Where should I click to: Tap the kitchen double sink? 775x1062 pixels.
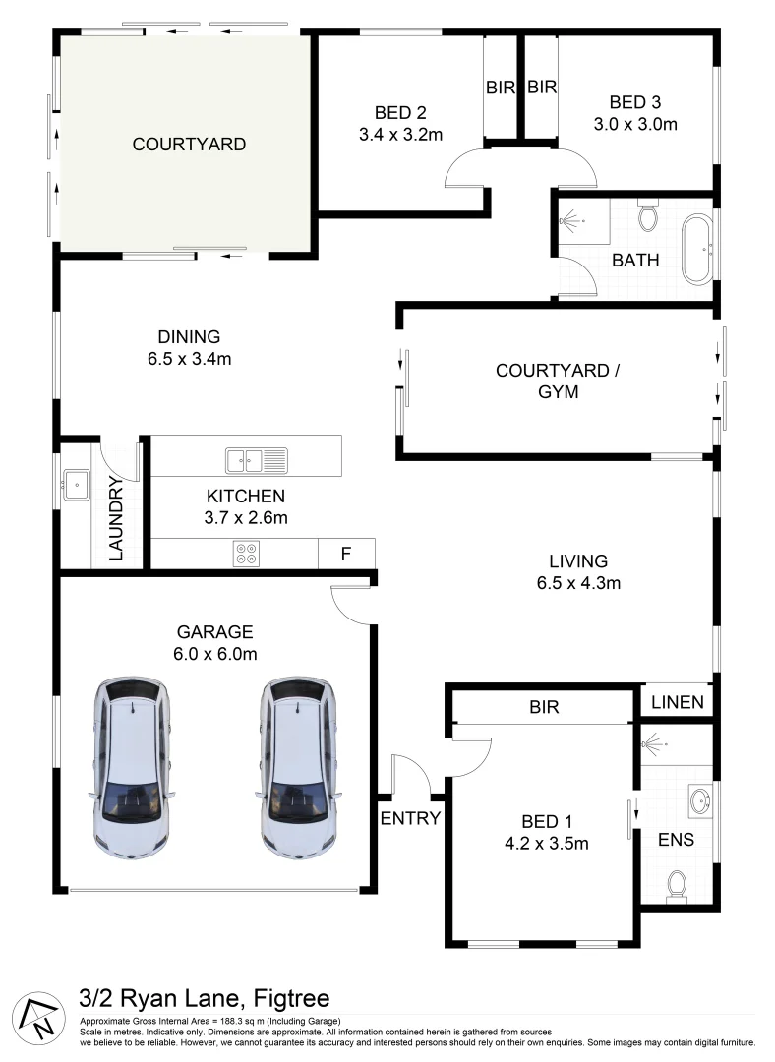pos(256,459)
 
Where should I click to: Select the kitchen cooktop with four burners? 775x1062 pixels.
pos(246,554)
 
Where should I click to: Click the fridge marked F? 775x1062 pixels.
pos(345,553)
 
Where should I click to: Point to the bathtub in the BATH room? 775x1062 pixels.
pos(697,251)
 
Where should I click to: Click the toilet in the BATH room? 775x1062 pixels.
pos(648,215)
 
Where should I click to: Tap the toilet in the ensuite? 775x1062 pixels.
pos(677,885)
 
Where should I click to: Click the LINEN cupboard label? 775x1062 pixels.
pos(678,702)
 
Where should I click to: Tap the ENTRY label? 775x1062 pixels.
pos(410,818)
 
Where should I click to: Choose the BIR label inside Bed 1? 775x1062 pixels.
pos(544,707)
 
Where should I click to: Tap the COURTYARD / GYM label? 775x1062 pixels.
pos(558,382)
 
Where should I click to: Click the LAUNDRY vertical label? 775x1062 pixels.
pos(117,518)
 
